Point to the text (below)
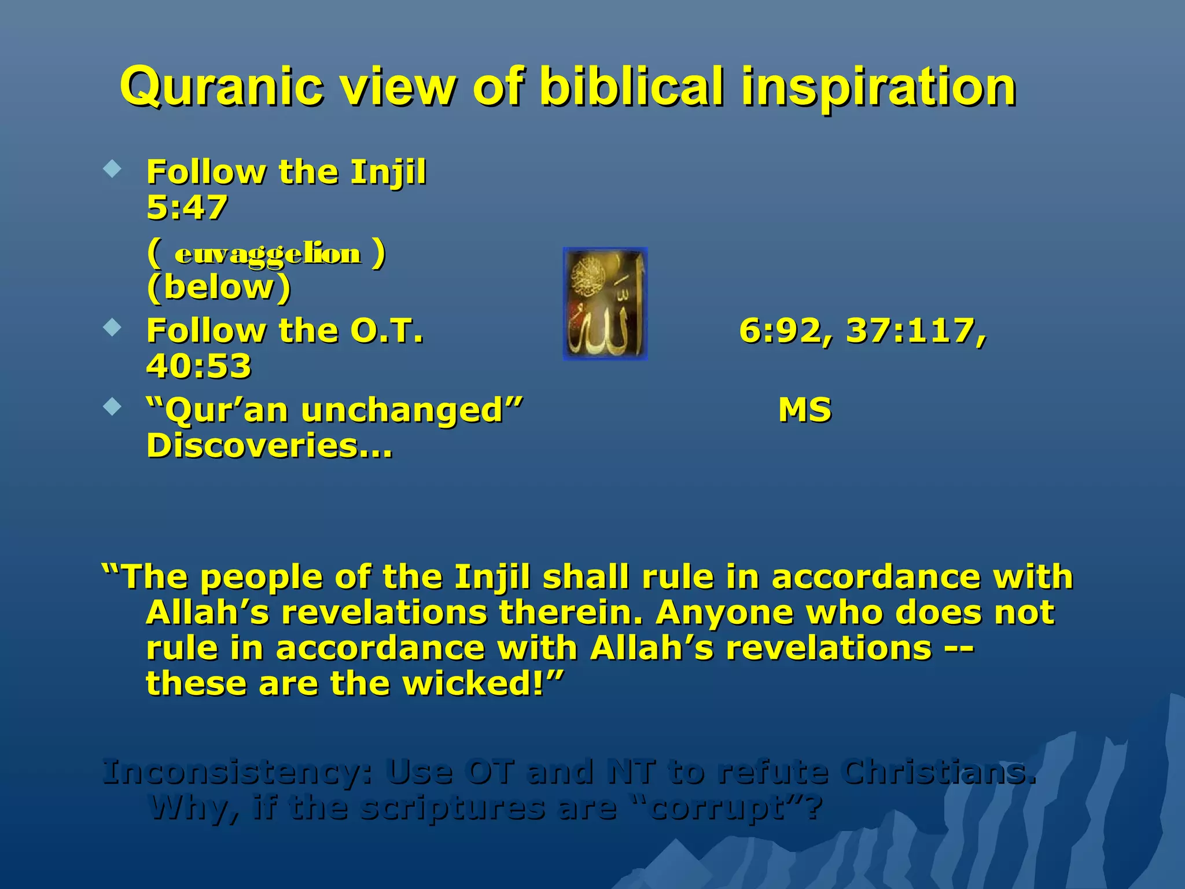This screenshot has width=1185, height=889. (x=219, y=287)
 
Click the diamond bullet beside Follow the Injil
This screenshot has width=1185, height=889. (x=112, y=170)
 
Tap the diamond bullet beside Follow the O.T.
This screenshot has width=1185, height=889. (x=112, y=328)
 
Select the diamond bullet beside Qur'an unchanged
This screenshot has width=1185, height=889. (x=112, y=407)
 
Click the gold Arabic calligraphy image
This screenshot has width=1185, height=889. (x=605, y=304)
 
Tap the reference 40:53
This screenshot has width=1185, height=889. (x=198, y=366)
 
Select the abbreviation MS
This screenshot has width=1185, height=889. (x=804, y=410)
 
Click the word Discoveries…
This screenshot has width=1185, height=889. (x=269, y=446)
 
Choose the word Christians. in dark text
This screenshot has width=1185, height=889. (x=938, y=772)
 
